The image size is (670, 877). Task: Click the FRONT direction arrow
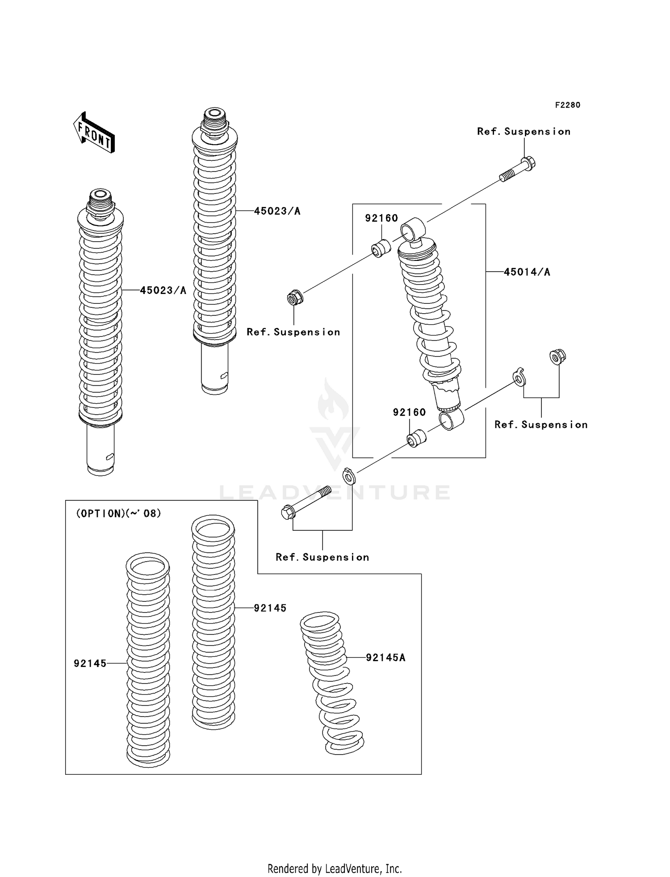[94, 133]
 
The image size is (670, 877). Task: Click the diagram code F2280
[567, 105]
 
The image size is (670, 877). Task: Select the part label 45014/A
[527, 272]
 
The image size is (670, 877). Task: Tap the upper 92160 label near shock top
[381, 218]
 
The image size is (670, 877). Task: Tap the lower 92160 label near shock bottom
[409, 412]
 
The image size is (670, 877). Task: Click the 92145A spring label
[385, 657]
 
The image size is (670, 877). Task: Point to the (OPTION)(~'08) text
[119, 513]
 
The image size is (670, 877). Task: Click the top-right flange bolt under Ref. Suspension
[518, 170]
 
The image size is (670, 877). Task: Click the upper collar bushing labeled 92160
[381, 249]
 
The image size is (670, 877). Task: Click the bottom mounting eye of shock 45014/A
[452, 420]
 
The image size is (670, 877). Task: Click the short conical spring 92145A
[331, 684]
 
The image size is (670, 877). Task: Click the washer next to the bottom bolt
[349, 476]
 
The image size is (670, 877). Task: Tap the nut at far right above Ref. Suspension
[557, 357]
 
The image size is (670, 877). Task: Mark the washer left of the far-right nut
[519, 378]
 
